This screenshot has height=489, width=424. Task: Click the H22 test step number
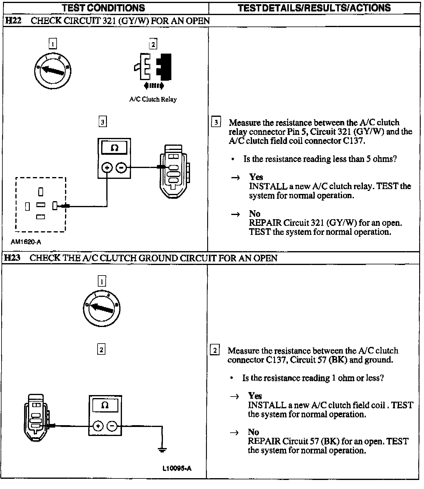click(13, 20)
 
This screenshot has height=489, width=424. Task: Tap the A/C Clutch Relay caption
click(153, 99)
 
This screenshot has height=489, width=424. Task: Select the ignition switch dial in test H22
click(53, 71)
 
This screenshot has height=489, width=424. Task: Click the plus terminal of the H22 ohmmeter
click(107, 167)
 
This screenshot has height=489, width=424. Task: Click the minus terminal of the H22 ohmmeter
click(121, 167)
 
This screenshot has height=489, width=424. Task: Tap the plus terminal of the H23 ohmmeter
click(98, 426)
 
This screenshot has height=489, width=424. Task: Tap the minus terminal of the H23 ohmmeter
click(112, 426)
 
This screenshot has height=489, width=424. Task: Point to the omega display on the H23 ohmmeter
click(105, 405)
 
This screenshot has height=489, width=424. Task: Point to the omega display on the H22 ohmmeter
click(114, 148)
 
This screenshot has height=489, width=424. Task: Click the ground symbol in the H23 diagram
click(162, 450)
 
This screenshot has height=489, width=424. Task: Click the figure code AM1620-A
click(26, 242)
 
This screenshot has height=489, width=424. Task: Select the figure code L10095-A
click(177, 468)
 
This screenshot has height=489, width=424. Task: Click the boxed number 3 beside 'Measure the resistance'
click(216, 123)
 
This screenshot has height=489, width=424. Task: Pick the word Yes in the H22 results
click(256, 177)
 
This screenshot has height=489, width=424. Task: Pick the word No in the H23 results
click(253, 432)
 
